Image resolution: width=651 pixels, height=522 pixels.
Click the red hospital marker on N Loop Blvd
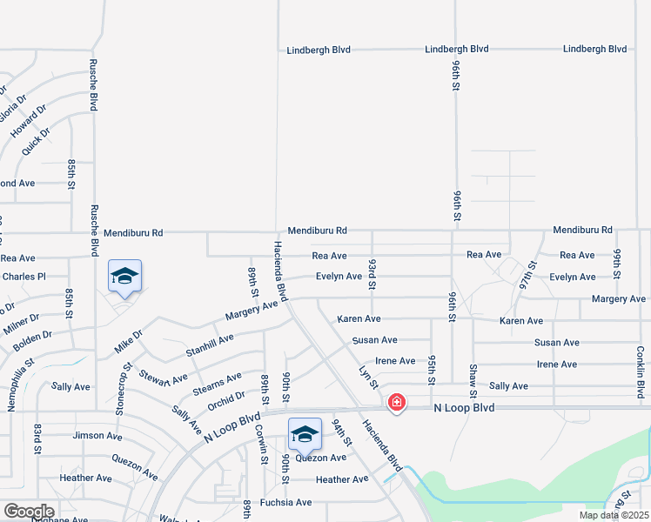397,402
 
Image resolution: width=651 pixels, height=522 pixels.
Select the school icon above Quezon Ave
305,434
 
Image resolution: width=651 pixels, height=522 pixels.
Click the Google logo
29,512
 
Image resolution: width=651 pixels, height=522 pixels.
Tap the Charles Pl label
23,277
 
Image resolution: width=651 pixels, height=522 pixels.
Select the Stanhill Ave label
210,345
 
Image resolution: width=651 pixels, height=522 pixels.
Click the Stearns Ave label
217,384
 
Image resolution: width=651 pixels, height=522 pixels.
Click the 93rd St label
372,273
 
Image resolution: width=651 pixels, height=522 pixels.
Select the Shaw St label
473,378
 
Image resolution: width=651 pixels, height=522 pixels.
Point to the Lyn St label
368,377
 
